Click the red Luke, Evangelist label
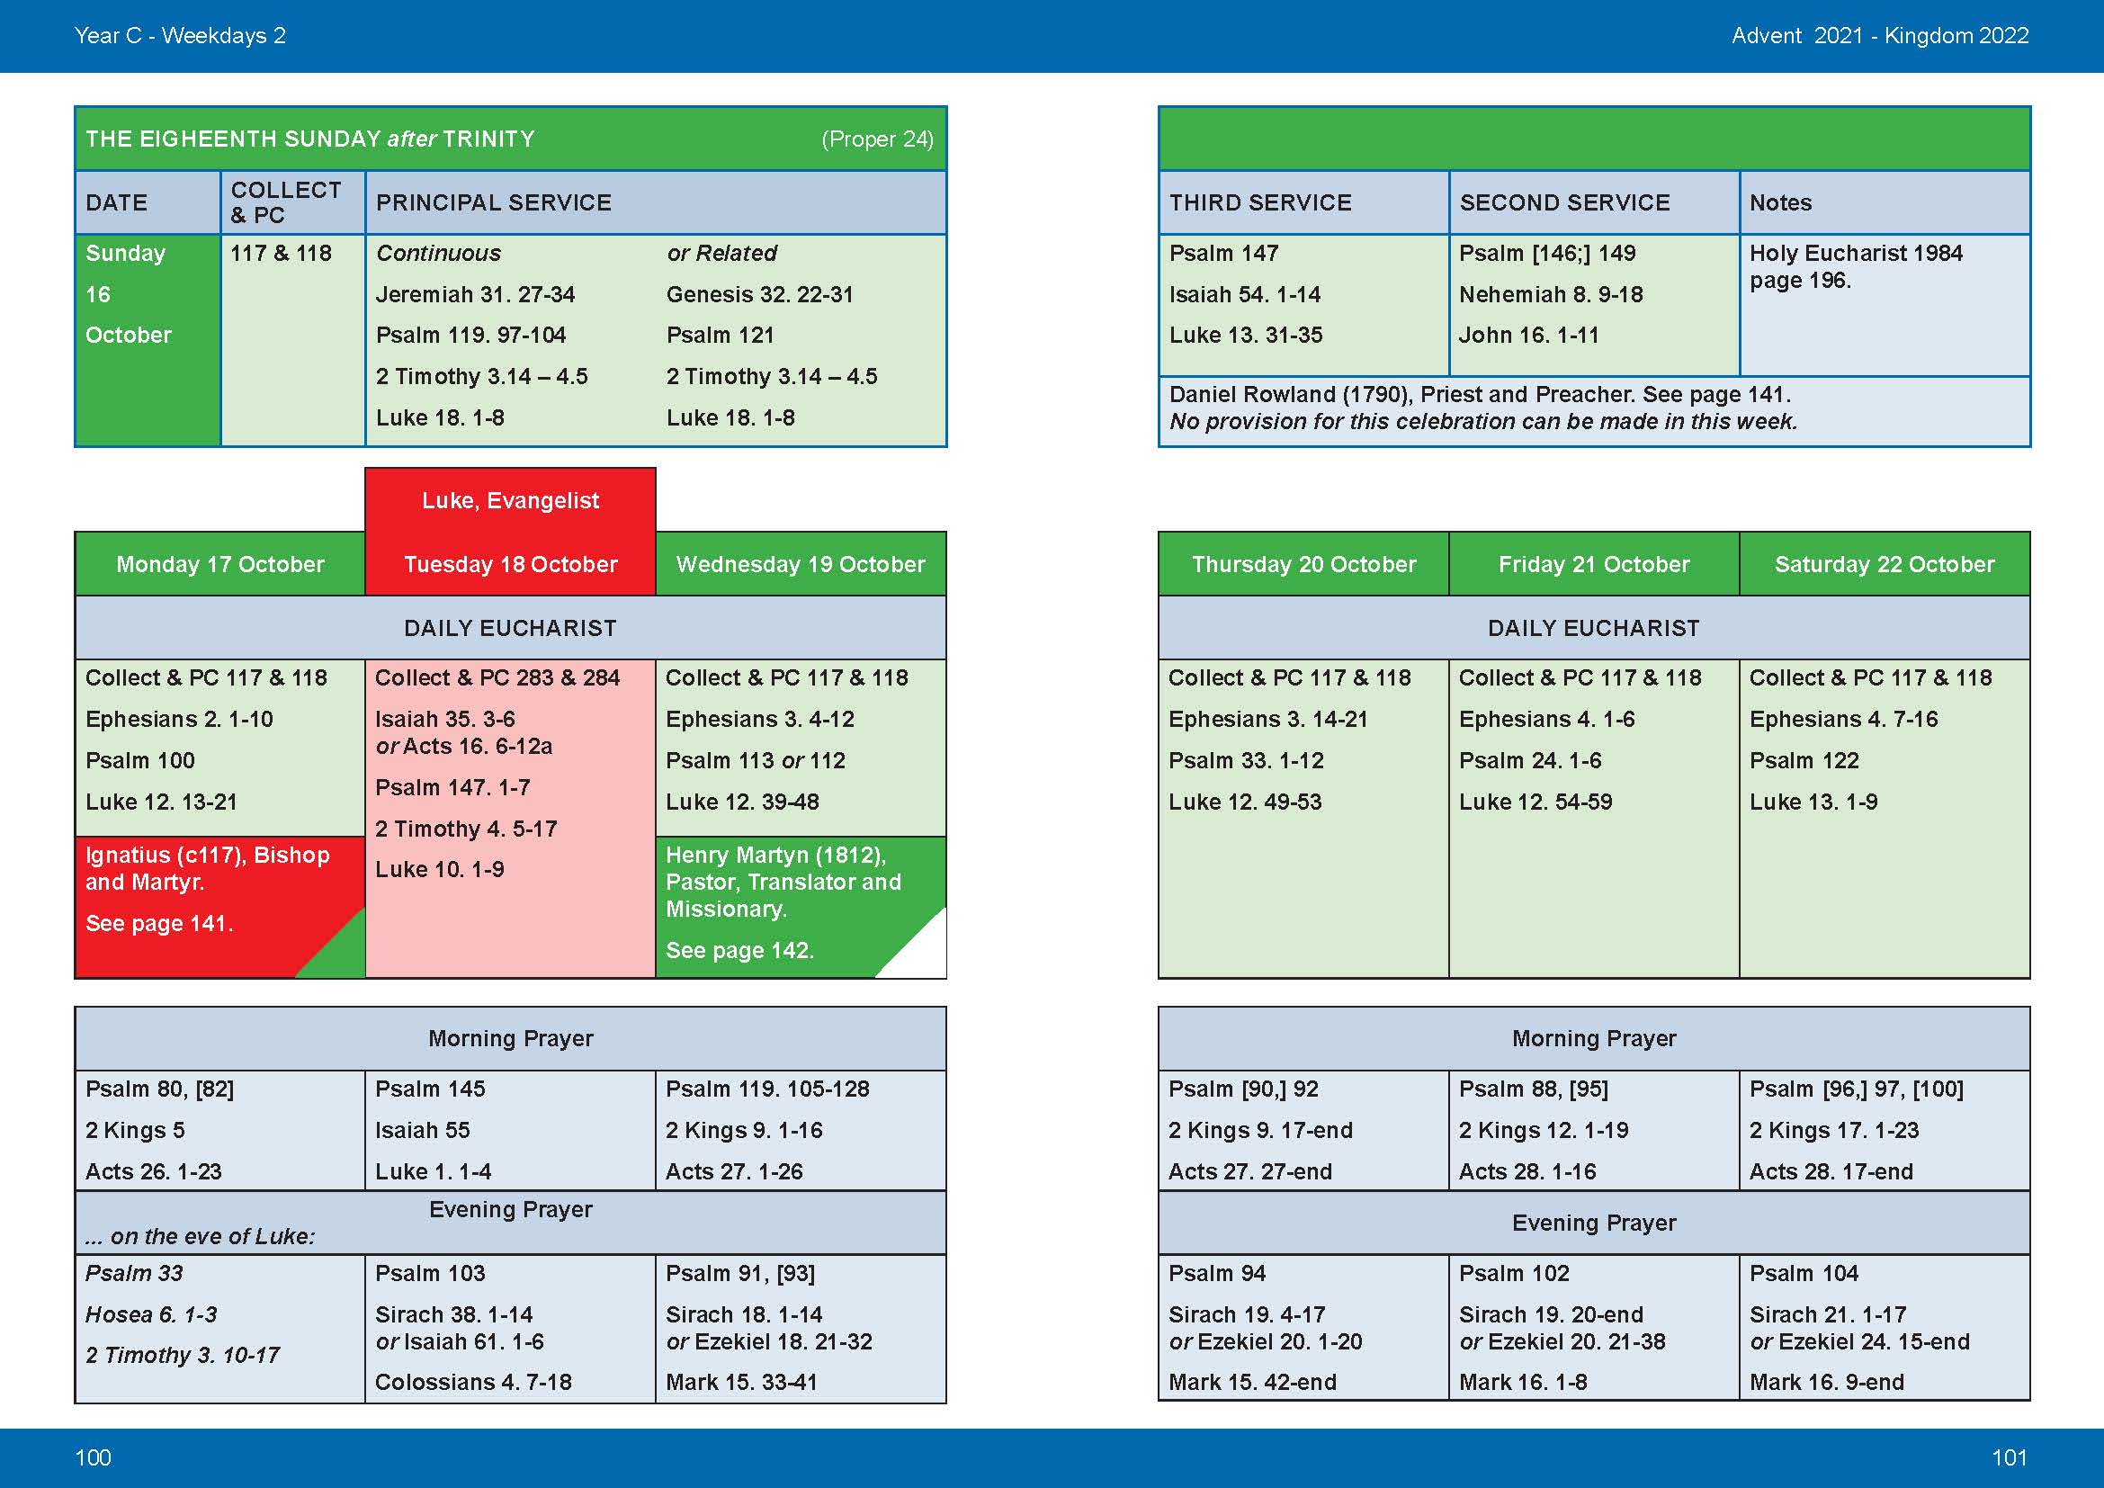coord(509,500)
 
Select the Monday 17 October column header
coord(219,564)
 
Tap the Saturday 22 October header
coord(1885,564)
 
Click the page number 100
coord(93,1457)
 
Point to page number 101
coord(2009,1457)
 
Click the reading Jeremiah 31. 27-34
coord(475,294)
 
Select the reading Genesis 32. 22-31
coord(760,294)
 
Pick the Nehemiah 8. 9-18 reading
coord(1551,294)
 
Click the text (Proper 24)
coord(877,139)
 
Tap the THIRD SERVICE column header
coord(1260,202)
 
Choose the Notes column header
coord(1779,202)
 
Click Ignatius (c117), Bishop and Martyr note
coord(207,867)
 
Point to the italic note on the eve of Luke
coord(200,1236)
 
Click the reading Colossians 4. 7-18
coord(473,1382)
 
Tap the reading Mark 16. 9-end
coord(1825,1382)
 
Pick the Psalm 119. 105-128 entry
coord(767,1089)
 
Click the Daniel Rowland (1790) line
coord(1479,395)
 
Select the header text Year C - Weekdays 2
coord(180,36)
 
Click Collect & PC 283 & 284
coord(497,678)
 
